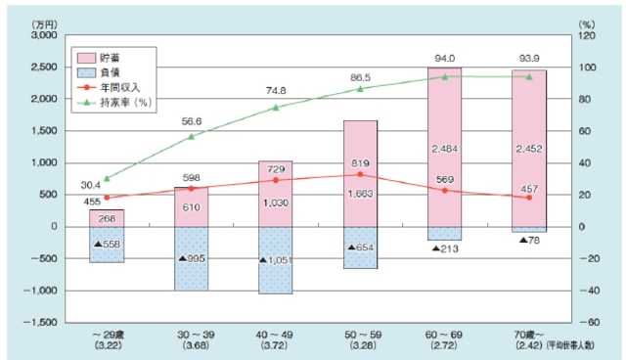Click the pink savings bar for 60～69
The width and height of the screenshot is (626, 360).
click(445, 147)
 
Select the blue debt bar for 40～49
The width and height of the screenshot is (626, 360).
click(275, 260)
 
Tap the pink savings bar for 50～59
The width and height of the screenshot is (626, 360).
click(360, 174)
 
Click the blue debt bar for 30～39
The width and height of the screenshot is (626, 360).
click(191, 258)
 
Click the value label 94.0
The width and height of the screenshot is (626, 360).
click(445, 57)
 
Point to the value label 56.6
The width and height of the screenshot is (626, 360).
click(190, 123)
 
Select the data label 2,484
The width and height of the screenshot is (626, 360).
click(445, 148)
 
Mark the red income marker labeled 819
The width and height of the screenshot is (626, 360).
click(360, 175)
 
